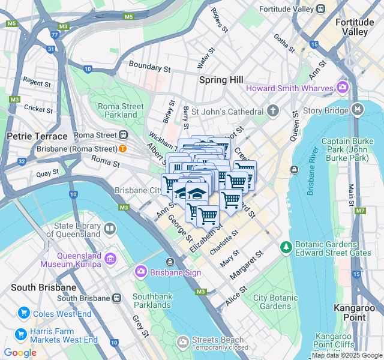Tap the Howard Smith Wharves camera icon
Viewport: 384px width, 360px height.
[x=343, y=88]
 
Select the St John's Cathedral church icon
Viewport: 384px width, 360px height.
[x=273, y=111]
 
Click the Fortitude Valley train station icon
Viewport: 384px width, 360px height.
[x=321, y=9]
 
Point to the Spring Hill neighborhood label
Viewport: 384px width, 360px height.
[x=221, y=80]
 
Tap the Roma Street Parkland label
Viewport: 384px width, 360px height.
[x=121, y=110]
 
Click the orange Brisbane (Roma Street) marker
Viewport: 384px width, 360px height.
[x=122, y=148]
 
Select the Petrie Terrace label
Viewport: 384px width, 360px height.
[x=37, y=136]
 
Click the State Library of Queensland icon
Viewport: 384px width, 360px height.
[x=110, y=228]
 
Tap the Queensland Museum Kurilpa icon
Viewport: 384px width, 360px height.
[x=110, y=259]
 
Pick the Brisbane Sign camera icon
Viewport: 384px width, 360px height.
[x=141, y=272]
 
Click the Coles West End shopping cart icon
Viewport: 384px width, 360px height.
[x=24, y=313]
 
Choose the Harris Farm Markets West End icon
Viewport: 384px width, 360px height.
[x=20, y=334]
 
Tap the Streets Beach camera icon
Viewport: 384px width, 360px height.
[x=182, y=342]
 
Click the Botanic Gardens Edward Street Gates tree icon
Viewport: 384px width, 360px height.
[x=286, y=247]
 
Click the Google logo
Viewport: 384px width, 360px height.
[x=20, y=353]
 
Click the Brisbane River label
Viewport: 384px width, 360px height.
[x=311, y=171]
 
